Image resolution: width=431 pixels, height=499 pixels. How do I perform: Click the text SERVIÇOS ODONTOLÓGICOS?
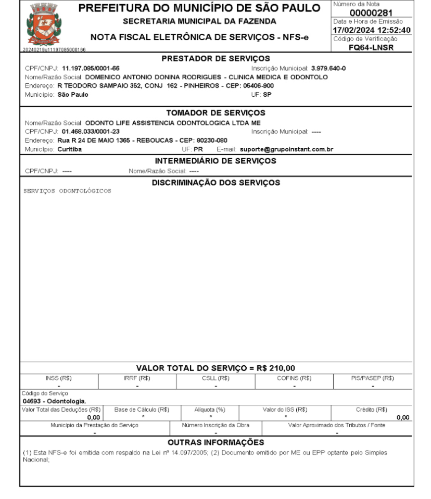point(68,190)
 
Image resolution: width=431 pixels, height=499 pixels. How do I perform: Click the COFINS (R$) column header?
point(294,378)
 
